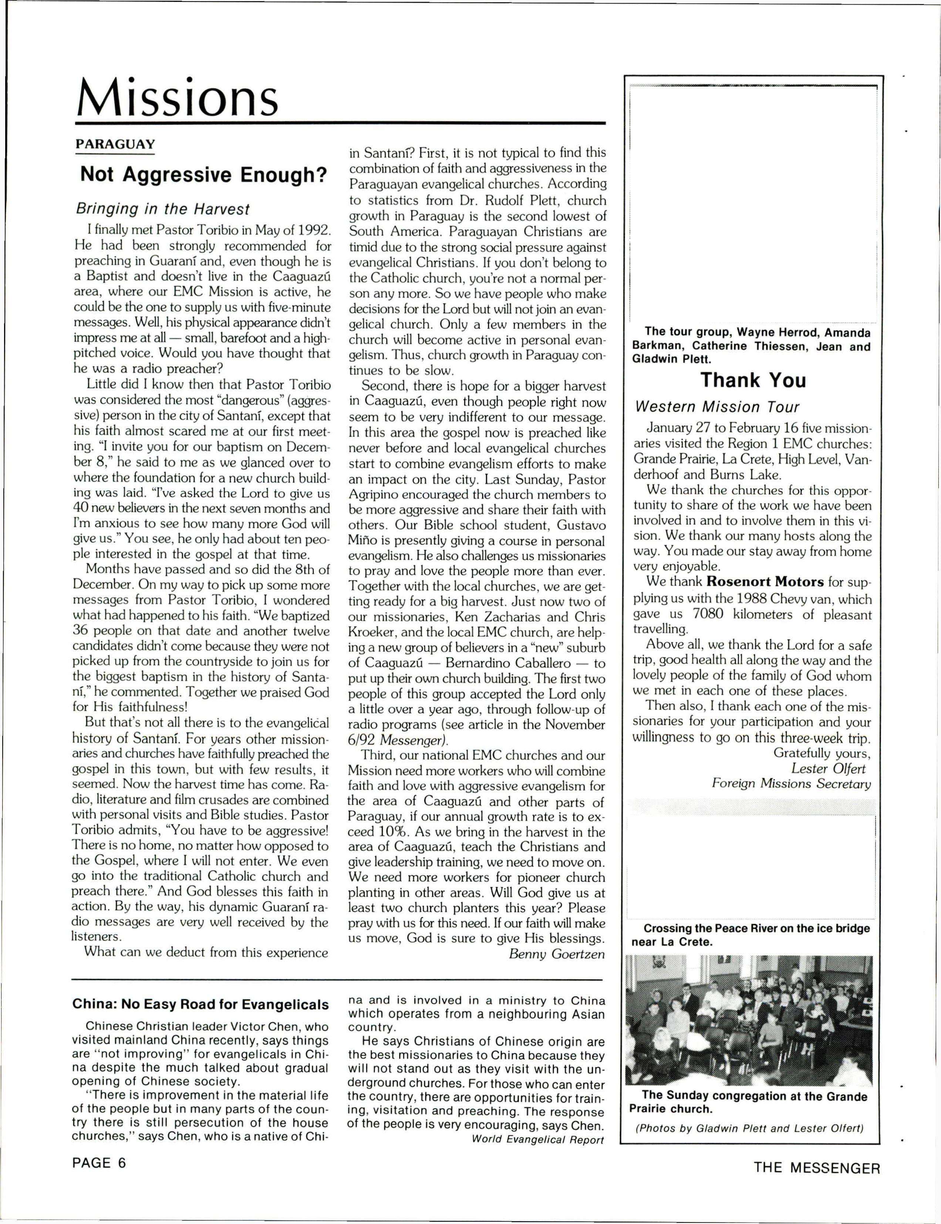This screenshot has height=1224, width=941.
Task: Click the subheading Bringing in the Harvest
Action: coord(162,209)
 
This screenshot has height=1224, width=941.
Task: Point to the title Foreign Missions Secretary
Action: coord(792,784)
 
